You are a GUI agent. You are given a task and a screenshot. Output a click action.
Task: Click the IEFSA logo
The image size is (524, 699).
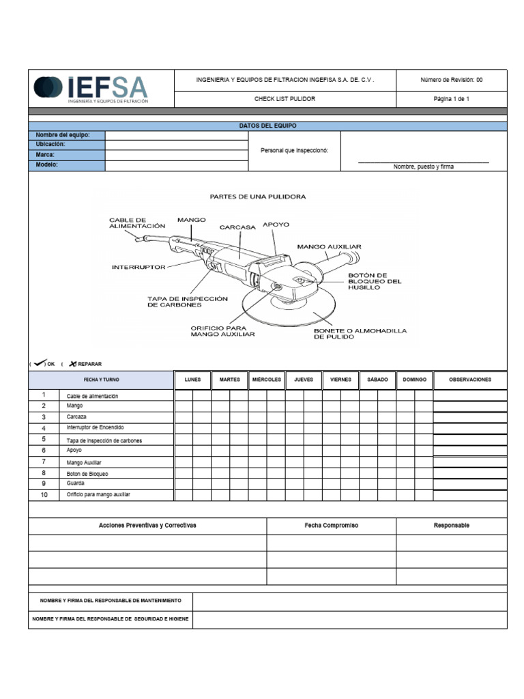pyautogui.click(x=90, y=89)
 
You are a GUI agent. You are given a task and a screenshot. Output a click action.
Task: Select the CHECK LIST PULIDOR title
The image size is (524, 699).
pyautogui.click(x=285, y=99)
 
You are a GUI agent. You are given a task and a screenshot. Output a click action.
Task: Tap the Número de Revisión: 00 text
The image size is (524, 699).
pyautogui.click(x=451, y=80)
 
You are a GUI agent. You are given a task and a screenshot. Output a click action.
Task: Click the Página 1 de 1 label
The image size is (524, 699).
pyautogui.click(x=451, y=99)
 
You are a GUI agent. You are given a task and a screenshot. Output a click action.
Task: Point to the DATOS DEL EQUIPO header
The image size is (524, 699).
pyautogui.click(x=267, y=126)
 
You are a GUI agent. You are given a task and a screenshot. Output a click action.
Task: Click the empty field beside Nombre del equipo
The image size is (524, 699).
pyautogui.click(x=176, y=135)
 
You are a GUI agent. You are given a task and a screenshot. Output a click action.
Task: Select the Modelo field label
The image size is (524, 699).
pyautogui.click(x=47, y=165)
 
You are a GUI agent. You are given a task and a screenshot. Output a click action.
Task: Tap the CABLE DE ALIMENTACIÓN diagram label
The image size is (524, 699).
pyautogui.click(x=137, y=223)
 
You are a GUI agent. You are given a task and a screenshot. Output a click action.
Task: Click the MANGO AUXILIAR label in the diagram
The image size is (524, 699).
pyautogui.click(x=329, y=246)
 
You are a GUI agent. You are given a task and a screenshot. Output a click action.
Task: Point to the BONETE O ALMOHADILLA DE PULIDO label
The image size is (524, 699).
pyautogui.click(x=360, y=334)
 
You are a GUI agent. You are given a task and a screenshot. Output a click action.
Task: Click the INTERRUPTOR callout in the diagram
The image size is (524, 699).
pyautogui.click(x=139, y=267)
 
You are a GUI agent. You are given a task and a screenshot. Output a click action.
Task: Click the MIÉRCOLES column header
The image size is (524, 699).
pyautogui.click(x=267, y=380)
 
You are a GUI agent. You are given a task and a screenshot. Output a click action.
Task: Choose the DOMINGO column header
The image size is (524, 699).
pyautogui.click(x=414, y=380)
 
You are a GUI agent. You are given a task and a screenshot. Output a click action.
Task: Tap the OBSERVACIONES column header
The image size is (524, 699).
pyautogui.click(x=470, y=380)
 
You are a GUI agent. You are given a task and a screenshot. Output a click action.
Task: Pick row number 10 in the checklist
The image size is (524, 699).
pyautogui.click(x=44, y=495)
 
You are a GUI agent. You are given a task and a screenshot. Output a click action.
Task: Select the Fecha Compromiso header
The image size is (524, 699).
pyautogui.click(x=331, y=526)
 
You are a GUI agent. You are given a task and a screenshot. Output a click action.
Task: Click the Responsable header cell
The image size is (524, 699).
pyautogui.click(x=451, y=526)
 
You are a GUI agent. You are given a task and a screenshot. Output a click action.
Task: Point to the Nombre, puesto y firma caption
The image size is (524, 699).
pyautogui.click(x=423, y=167)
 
